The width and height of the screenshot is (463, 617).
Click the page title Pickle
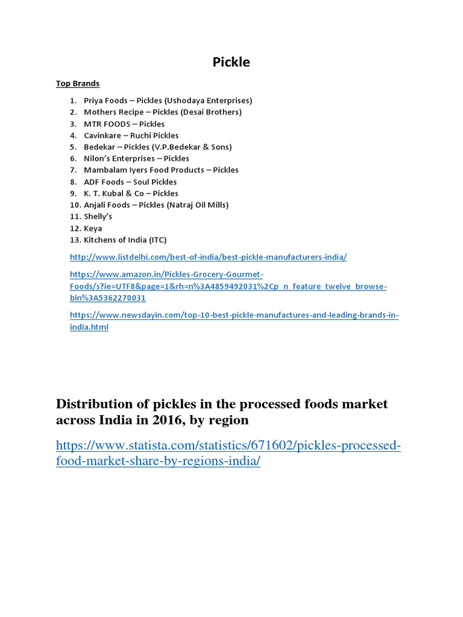[x=231, y=62]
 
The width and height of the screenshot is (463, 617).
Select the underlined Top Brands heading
[x=78, y=83]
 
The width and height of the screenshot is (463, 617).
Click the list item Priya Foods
[x=106, y=101]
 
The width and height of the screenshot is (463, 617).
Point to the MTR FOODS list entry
[x=124, y=124]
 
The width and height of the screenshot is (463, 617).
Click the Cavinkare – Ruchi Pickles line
[x=131, y=136]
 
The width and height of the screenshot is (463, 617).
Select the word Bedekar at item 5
[x=98, y=147]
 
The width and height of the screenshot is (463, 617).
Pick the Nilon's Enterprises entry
[x=136, y=158]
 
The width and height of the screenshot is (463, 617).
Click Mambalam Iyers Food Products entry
[x=161, y=170]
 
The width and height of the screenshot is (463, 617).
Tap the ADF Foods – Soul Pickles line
[x=130, y=181]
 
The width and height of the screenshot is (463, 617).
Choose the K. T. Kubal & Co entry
[x=131, y=193]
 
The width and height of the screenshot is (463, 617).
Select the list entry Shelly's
[x=98, y=216]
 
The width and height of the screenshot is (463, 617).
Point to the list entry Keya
[x=93, y=228]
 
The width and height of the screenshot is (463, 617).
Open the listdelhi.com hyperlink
[x=208, y=257]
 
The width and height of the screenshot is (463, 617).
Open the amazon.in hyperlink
[x=228, y=286]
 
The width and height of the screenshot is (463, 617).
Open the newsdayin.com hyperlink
[x=234, y=315]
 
